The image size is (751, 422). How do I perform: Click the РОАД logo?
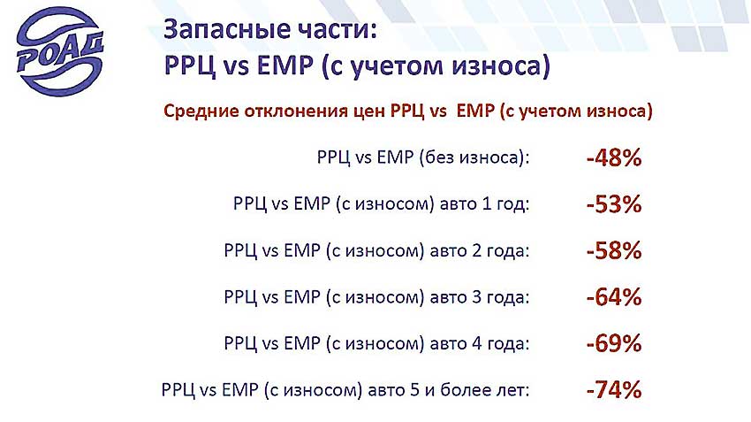(60, 50)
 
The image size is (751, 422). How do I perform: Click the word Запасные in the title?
(224, 30)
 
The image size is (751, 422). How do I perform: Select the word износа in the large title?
(501, 65)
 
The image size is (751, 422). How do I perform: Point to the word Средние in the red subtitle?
(201, 111)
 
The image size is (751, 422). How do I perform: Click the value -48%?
(613, 157)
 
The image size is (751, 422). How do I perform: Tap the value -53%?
(613, 203)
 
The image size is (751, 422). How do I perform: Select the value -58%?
(613, 250)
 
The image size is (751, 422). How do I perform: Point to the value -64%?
(613, 297)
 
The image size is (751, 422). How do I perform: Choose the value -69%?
(613, 343)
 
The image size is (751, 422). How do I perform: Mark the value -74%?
(613, 389)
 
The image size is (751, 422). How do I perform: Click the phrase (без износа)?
(473, 157)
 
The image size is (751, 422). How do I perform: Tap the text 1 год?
(505, 204)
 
